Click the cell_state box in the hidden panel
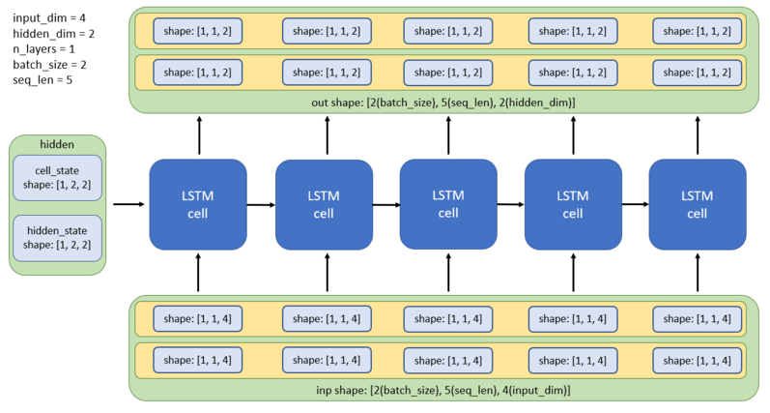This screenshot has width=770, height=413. pyautogui.click(x=58, y=178)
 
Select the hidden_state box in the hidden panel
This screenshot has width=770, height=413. pyautogui.click(x=58, y=238)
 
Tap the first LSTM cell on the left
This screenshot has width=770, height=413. pyautogui.click(x=197, y=204)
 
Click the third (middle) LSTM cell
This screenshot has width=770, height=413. pyautogui.click(x=448, y=204)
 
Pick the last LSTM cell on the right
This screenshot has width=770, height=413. pyautogui.click(x=697, y=204)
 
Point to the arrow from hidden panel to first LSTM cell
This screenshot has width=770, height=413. pyautogui.click(x=128, y=204)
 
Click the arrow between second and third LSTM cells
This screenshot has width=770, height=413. pyautogui.click(x=386, y=204)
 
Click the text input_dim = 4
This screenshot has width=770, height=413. pyautogui.click(x=49, y=16)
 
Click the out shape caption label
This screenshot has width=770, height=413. pyautogui.click(x=447, y=102)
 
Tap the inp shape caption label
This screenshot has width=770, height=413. pyautogui.click(x=447, y=389)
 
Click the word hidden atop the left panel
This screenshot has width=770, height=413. pyautogui.click(x=57, y=144)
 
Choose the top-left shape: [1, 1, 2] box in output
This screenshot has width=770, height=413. pyautogui.click(x=197, y=31)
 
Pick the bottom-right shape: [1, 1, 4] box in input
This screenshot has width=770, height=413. pyautogui.click(x=697, y=360)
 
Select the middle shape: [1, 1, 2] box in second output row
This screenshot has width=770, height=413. pyautogui.click(x=447, y=72)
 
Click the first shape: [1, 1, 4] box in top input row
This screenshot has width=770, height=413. pyautogui.click(x=197, y=318)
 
